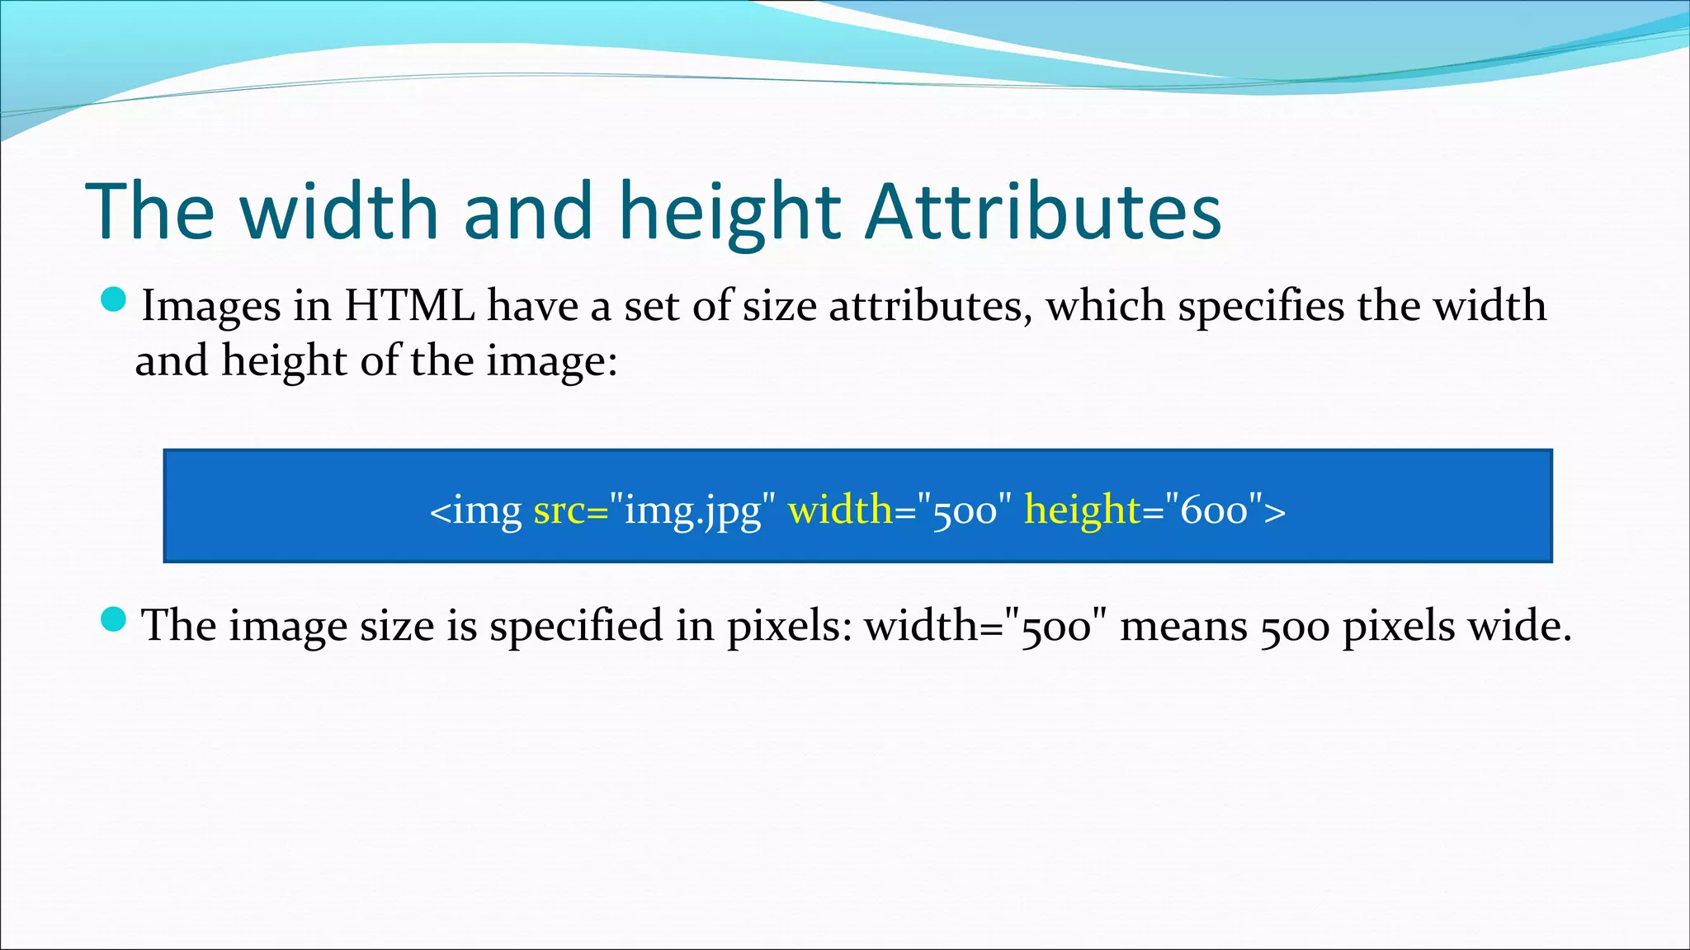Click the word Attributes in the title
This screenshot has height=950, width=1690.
[x=1043, y=212]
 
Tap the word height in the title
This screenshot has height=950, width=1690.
[x=729, y=212]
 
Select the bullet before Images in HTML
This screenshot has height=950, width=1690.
[x=113, y=300]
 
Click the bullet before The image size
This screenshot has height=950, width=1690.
[x=113, y=619]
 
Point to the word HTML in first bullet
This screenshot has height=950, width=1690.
[x=409, y=306]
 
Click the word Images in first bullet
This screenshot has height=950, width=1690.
[x=211, y=306]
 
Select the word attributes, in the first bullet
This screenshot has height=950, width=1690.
[x=930, y=306]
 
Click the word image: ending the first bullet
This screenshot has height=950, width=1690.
[x=551, y=361]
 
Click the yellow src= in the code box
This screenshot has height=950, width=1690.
[x=570, y=510]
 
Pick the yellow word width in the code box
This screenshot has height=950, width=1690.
[x=840, y=510]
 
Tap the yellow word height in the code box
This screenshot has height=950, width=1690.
[x=1082, y=510]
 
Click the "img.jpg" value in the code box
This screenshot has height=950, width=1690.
[x=692, y=510]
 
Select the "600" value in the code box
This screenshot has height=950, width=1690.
[x=1214, y=510]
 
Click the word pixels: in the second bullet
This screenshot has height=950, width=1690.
[x=789, y=626]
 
